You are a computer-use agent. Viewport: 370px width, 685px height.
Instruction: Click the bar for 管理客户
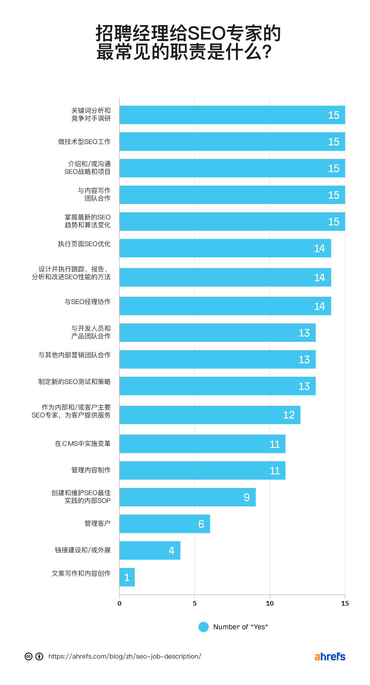(x=165, y=524)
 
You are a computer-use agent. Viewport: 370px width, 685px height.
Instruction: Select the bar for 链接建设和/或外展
(x=150, y=550)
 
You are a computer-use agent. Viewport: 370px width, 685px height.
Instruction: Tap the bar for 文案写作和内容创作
(x=127, y=577)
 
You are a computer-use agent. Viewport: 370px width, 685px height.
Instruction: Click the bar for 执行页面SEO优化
(x=225, y=248)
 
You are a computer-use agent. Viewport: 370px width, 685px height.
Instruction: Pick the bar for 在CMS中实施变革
(x=202, y=444)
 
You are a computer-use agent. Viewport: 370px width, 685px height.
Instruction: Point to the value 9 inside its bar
(x=247, y=497)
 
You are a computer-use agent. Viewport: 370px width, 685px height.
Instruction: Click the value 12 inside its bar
(x=289, y=415)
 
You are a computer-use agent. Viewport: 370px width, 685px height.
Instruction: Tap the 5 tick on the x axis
(x=195, y=603)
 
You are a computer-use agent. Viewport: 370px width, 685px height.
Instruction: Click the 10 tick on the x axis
(x=270, y=603)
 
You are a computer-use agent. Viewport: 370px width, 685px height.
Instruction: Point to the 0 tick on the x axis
(x=120, y=603)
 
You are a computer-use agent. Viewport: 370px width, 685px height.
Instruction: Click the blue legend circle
(x=203, y=627)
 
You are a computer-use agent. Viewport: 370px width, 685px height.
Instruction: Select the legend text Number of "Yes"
(x=240, y=627)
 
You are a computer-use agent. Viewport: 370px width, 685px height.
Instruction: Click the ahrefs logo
(x=330, y=657)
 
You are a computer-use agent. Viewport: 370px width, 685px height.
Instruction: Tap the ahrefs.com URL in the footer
(x=125, y=656)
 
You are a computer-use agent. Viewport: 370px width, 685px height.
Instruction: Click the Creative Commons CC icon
(x=28, y=656)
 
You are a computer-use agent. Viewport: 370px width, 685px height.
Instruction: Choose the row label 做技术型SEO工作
(x=84, y=142)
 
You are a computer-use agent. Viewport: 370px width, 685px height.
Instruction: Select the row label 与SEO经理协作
(x=87, y=302)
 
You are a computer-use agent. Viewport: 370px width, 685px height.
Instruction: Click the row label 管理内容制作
(x=91, y=470)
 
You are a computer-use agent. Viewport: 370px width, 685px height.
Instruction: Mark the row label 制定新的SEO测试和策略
(x=74, y=382)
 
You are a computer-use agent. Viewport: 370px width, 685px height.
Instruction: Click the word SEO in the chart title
(x=206, y=33)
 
